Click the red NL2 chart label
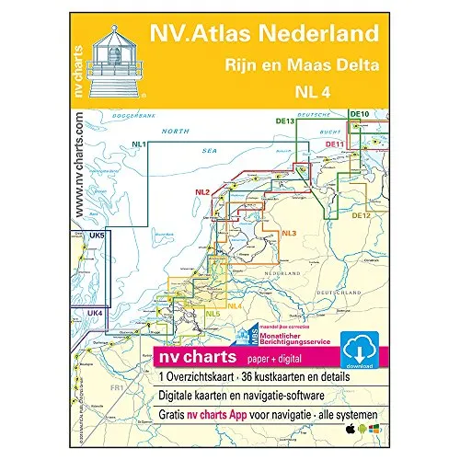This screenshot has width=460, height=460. coord(203,191)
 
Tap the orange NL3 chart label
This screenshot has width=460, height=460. coord(288,232)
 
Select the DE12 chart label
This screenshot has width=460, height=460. coord(359,215)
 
